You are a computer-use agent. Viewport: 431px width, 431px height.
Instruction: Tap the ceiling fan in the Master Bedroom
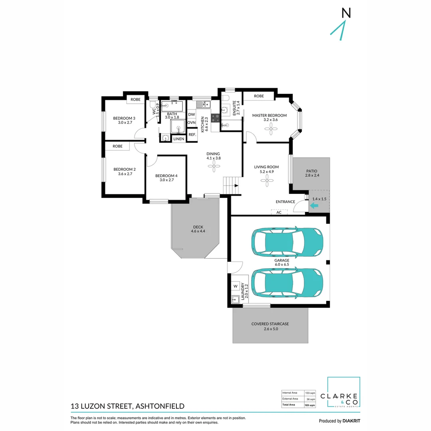click(270, 128)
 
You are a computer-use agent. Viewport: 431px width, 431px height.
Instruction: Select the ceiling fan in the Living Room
click(267, 181)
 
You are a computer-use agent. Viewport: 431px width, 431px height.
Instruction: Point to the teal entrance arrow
click(314, 206)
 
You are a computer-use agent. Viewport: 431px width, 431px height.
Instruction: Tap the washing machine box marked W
click(235, 286)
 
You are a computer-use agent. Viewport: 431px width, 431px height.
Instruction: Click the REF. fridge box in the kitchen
click(192, 135)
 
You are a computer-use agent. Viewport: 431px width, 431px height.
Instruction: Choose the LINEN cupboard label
click(179, 139)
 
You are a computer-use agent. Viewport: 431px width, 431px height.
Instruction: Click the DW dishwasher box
click(192, 114)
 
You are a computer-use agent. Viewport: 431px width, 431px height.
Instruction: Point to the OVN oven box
click(192, 123)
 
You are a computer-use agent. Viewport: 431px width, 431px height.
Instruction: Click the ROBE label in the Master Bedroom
click(259, 96)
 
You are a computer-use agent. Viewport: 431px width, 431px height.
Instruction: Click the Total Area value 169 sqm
click(310, 405)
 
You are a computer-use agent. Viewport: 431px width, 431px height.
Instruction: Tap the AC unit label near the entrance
click(279, 212)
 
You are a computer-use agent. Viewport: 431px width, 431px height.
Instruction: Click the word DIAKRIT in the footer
click(352, 421)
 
